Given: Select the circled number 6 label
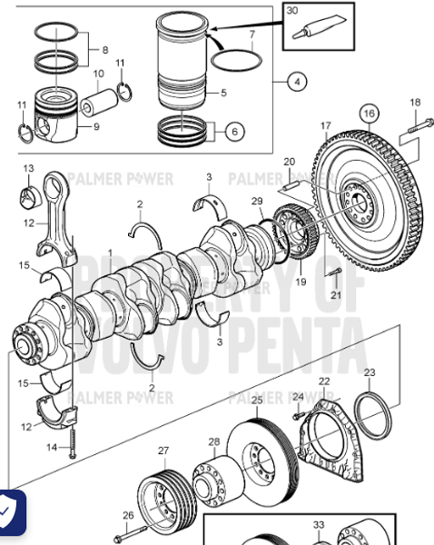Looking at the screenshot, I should (234, 133).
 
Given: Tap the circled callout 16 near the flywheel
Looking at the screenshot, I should (368, 113).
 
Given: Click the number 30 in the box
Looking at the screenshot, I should (291, 11).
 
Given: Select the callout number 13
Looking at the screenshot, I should (28, 169).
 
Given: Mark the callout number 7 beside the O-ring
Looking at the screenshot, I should (252, 34).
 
